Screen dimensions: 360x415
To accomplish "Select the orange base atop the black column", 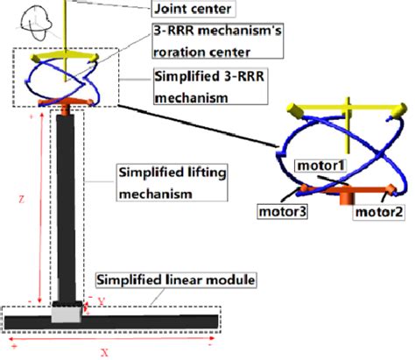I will (x=68, y=109).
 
